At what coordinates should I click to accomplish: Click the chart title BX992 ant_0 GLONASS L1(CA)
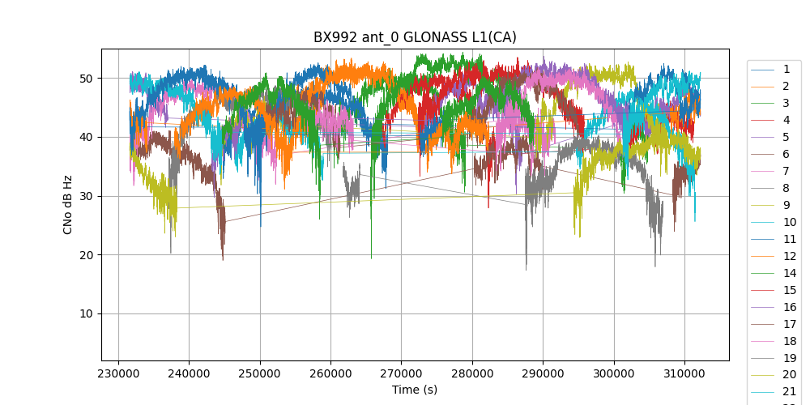click(415, 37)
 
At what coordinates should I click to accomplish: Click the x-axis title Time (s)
click(415, 390)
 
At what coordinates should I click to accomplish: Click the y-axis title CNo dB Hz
click(68, 205)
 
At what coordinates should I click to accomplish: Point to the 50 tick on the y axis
click(91, 79)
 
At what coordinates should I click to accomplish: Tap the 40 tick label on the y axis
click(91, 138)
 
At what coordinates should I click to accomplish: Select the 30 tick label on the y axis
click(91, 196)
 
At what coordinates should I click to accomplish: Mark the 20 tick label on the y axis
click(91, 255)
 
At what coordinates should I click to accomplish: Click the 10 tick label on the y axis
click(91, 314)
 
